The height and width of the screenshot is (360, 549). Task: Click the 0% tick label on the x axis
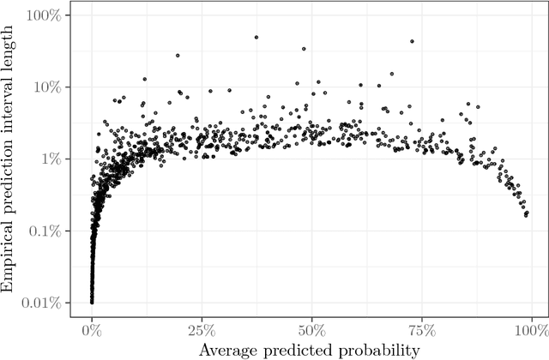(92, 331)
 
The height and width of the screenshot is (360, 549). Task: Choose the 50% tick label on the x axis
(311, 331)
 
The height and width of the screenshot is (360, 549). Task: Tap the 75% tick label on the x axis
(421, 331)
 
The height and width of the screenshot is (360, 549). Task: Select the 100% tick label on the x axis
(531, 331)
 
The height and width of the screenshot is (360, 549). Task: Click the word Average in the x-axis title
(227, 350)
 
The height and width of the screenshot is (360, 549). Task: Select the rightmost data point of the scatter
(527, 213)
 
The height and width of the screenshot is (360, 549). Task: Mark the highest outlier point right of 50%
(413, 40)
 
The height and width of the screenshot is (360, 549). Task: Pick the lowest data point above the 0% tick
(92, 302)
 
